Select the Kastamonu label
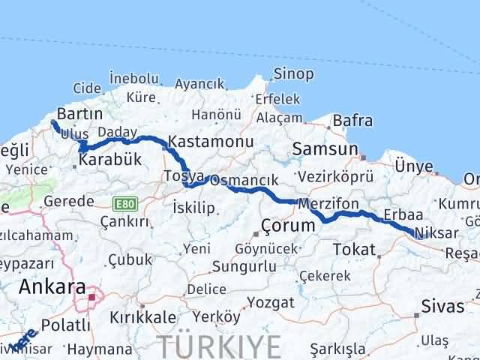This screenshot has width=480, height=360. click(202, 140)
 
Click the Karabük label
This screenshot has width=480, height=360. click(110, 160)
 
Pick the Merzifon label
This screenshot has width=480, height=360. click(328, 203)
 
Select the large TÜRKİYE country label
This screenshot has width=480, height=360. click(220, 346)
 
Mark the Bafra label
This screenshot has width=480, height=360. click(352, 119)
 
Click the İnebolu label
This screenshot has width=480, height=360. click(133, 78)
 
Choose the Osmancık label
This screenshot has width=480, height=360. click(244, 181)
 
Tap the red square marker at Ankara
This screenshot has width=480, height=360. click(91, 297)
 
